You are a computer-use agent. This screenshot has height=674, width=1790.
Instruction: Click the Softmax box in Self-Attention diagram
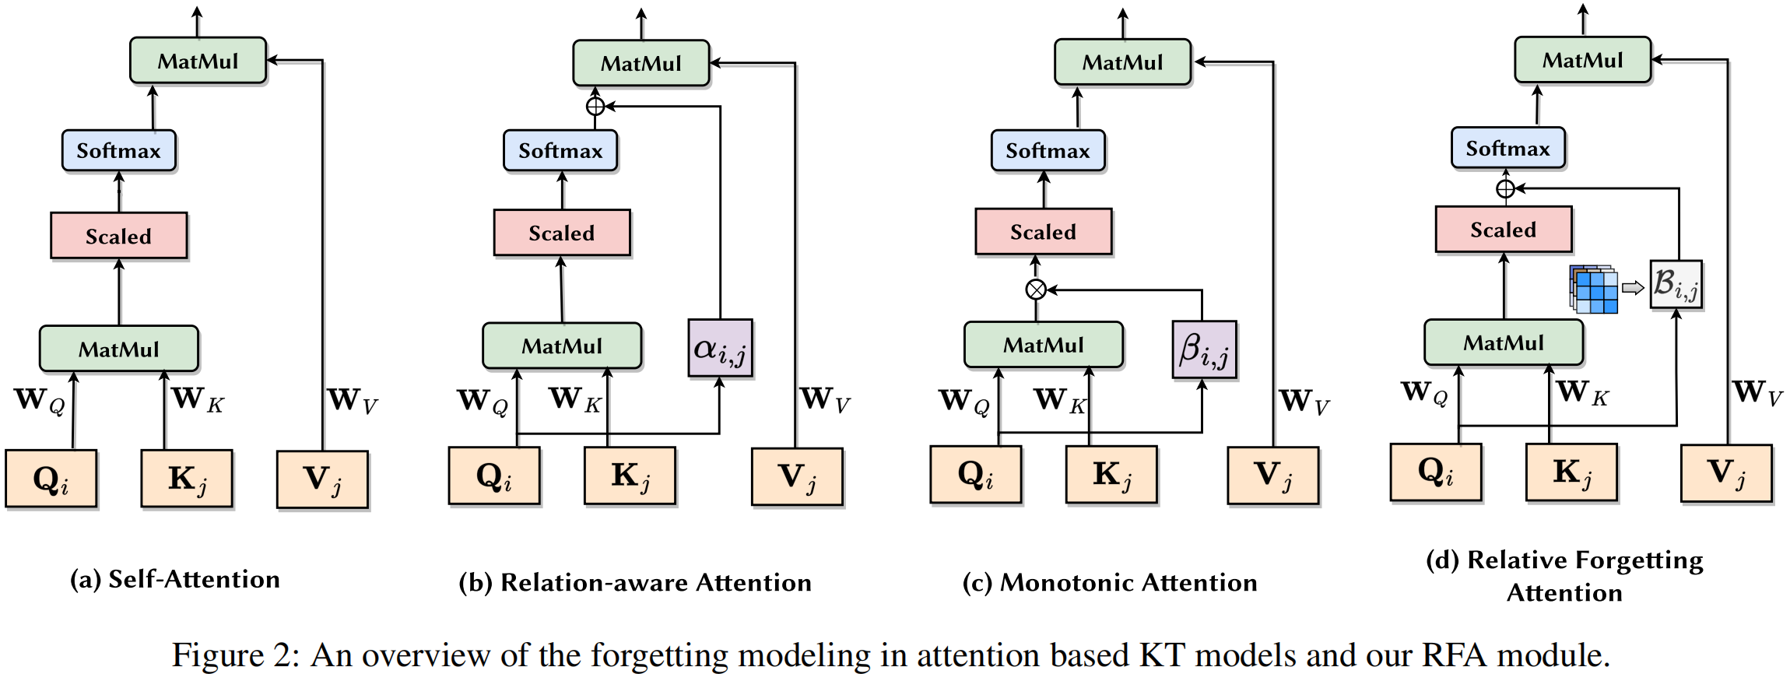pyautogui.click(x=118, y=150)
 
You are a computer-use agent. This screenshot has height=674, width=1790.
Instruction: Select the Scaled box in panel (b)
pyautogui.click(x=561, y=233)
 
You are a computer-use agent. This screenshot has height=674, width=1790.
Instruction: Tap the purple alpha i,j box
pyautogui.click(x=720, y=348)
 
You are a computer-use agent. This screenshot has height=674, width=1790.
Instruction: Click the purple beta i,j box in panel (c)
pyautogui.click(x=1204, y=349)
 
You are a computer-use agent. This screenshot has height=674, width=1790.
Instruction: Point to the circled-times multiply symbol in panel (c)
pyautogui.click(x=1035, y=290)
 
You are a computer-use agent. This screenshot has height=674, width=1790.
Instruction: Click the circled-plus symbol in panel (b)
pyautogui.click(x=595, y=106)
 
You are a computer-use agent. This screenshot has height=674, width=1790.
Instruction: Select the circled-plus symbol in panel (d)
pyautogui.click(x=1505, y=188)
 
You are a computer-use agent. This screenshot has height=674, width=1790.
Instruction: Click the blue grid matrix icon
pyautogui.click(x=1593, y=289)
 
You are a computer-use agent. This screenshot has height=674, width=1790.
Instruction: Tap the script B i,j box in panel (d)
pyautogui.click(x=1676, y=284)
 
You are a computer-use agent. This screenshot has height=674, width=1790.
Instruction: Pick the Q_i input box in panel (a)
pyautogui.click(x=51, y=479)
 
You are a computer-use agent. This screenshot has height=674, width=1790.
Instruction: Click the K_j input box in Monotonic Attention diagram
pyautogui.click(x=1111, y=475)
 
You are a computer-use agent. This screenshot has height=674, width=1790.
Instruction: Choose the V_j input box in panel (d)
pyautogui.click(x=1726, y=473)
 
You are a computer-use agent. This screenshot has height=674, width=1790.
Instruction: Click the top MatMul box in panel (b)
pyautogui.click(x=641, y=63)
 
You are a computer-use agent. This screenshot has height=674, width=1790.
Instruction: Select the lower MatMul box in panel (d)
pyautogui.click(x=1503, y=342)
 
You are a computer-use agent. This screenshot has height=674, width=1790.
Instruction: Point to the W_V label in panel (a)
pyautogui.click(x=352, y=401)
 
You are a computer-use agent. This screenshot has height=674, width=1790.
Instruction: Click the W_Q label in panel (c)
pyautogui.click(x=963, y=402)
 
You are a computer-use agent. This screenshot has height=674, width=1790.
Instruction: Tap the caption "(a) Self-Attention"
pyautogui.click(x=175, y=579)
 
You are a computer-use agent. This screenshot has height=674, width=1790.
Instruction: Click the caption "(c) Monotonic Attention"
pyautogui.click(x=1109, y=582)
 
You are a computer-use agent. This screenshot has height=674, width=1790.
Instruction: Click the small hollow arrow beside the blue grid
pyautogui.click(x=1632, y=288)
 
